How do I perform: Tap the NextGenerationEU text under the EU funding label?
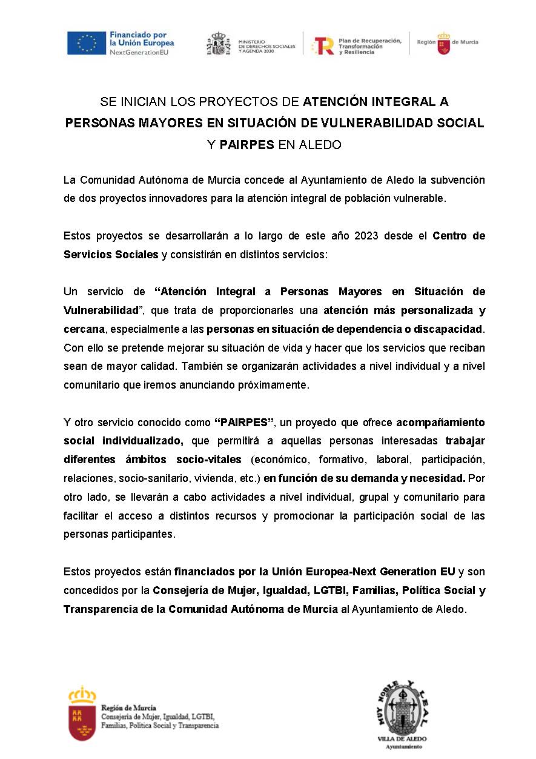(139, 53)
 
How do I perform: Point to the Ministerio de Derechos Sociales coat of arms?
(219, 44)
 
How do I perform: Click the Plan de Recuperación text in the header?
(370, 41)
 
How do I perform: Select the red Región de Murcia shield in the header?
(444, 44)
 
